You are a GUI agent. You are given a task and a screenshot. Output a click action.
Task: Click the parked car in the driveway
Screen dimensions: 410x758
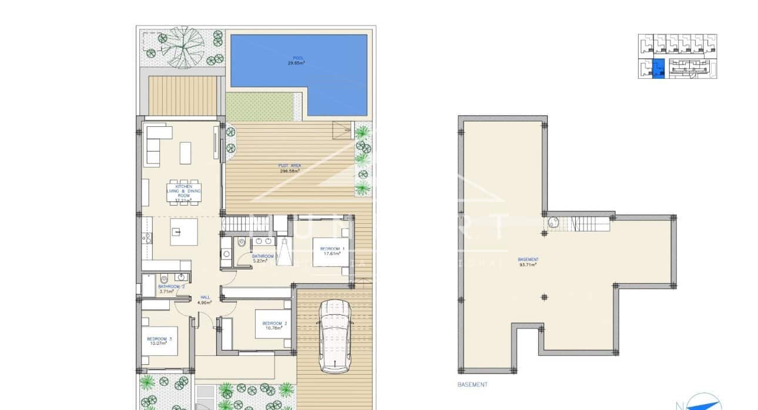pos(334,336)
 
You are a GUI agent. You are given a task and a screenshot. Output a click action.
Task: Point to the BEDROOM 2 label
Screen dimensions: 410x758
pos(274,323)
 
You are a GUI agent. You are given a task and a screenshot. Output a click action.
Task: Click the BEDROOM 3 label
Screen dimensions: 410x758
pos(159,338)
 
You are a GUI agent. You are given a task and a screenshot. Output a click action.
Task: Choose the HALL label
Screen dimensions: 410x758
pos(204,297)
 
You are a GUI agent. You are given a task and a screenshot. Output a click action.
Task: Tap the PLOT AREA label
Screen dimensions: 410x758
pos(290,166)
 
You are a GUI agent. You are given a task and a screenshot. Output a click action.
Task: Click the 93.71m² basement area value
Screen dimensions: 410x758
pos(528,265)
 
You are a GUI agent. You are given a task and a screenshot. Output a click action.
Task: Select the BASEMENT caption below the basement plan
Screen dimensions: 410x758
pos(472,385)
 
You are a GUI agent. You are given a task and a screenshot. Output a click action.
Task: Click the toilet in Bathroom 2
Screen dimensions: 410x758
pos(164,278)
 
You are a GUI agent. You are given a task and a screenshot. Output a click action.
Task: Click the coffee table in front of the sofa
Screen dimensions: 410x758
pos(186,152)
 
